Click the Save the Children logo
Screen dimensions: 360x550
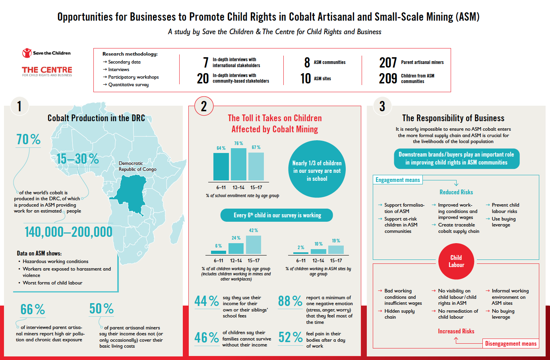pyautogui.click(x=46, y=53)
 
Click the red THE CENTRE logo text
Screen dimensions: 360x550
pyautogui.click(x=47, y=70)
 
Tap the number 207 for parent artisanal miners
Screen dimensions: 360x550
pyautogui.click(x=388, y=63)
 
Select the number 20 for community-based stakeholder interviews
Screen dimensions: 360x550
pyautogui.click(x=203, y=78)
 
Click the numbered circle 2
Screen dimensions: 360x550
pyautogui.click(x=204, y=106)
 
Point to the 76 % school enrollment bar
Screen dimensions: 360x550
pyautogui.click(x=238, y=164)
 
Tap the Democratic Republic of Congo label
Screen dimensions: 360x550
pyautogui.click(x=137, y=166)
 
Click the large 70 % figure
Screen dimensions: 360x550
pyautogui.click(x=29, y=139)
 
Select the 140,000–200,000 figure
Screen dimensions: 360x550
pyautogui.click(x=68, y=232)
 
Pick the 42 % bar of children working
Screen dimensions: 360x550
pyautogui.click(x=254, y=244)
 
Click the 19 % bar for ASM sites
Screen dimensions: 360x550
pyautogui.click(x=336, y=250)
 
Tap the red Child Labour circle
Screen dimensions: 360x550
pyautogui.click(x=456, y=261)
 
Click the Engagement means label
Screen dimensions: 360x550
pyautogui.click(x=397, y=180)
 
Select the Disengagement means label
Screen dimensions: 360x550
pyautogui.click(x=511, y=344)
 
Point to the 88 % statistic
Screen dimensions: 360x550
pyautogui.click(x=290, y=301)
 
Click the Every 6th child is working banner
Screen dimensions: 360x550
pyautogui.click(x=277, y=215)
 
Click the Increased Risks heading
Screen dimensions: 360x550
pyautogui.click(x=456, y=331)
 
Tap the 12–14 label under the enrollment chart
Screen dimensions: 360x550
pyautogui.click(x=238, y=187)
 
